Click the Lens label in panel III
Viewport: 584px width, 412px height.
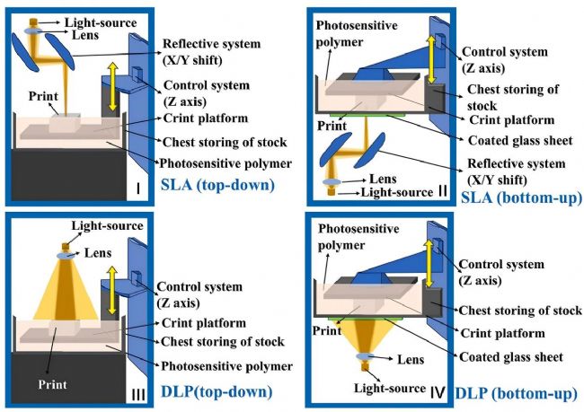coord(99,254)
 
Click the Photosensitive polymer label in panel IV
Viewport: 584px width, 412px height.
coord(358,236)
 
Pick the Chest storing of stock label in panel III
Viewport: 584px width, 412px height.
coord(223,341)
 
